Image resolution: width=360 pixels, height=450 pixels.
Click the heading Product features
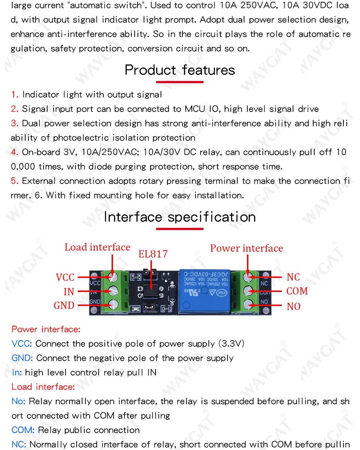[x=180, y=70]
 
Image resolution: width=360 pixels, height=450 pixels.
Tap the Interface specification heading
[x=180, y=217]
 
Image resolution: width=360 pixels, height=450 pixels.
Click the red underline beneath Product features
[x=180, y=82]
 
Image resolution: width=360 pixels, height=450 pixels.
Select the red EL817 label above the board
[x=153, y=254]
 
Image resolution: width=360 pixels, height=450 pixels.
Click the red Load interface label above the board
[x=97, y=247]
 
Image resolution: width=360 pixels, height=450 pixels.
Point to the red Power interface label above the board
[x=247, y=248]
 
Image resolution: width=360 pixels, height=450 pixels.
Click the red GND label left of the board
[x=64, y=306]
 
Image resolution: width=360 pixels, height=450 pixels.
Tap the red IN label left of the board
[x=69, y=292]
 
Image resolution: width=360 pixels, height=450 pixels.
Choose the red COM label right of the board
[x=297, y=291]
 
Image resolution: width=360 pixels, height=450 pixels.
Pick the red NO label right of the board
[x=293, y=306]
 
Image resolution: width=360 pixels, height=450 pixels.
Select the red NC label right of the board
[x=293, y=277]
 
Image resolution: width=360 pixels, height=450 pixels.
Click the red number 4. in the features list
[x=15, y=152]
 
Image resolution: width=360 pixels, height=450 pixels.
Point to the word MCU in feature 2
[x=195, y=109]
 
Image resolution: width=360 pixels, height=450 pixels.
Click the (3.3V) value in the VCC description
[x=231, y=343]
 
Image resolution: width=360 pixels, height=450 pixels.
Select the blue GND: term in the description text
[x=22, y=358]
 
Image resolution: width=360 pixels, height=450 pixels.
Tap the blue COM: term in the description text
[x=23, y=430]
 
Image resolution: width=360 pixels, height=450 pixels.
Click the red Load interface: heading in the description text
[x=43, y=387]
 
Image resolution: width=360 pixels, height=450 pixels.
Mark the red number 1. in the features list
[x=15, y=94]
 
